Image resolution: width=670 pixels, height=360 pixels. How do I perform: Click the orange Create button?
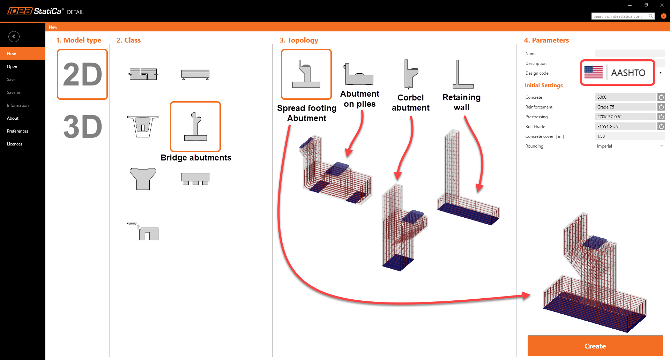[595, 346]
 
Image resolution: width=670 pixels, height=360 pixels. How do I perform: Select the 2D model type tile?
[82, 74]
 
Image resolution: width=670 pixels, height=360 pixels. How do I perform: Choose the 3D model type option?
[83, 127]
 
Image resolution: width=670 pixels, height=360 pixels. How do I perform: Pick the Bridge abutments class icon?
[195, 127]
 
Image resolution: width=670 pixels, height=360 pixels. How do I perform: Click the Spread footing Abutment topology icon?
[306, 74]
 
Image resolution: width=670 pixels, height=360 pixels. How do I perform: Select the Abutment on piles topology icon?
[359, 74]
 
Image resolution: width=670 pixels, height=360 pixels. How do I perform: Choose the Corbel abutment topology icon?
[411, 74]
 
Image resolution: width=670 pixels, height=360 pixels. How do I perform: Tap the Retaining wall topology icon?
[462, 74]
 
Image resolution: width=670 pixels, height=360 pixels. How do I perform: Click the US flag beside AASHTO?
[593, 72]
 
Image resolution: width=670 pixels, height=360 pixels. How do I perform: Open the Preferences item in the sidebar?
[18, 131]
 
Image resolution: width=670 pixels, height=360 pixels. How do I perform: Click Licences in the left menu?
[15, 144]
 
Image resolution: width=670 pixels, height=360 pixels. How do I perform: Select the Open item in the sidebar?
[12, 67]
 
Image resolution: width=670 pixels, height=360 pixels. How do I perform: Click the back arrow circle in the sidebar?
[14, 37]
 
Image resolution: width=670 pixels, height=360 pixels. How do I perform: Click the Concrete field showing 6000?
[625, 97]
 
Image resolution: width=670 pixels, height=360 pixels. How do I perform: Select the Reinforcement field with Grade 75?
[625, 107]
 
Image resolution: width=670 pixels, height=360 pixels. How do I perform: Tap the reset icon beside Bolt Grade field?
[661, 127]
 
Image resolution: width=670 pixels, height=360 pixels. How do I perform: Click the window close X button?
[662, 5]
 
